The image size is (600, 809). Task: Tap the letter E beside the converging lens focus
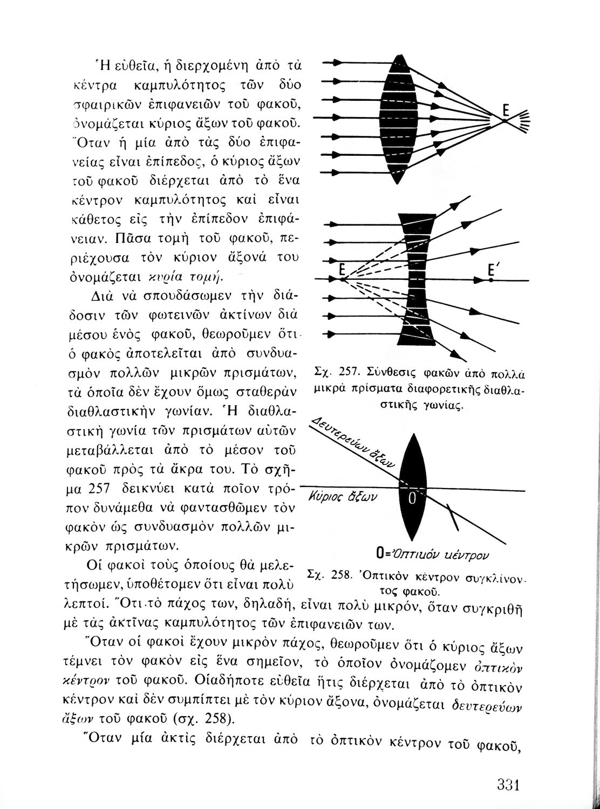pos(506,111)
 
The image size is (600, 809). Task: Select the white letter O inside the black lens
pos(412,499)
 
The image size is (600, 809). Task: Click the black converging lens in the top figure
pos(400,119)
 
